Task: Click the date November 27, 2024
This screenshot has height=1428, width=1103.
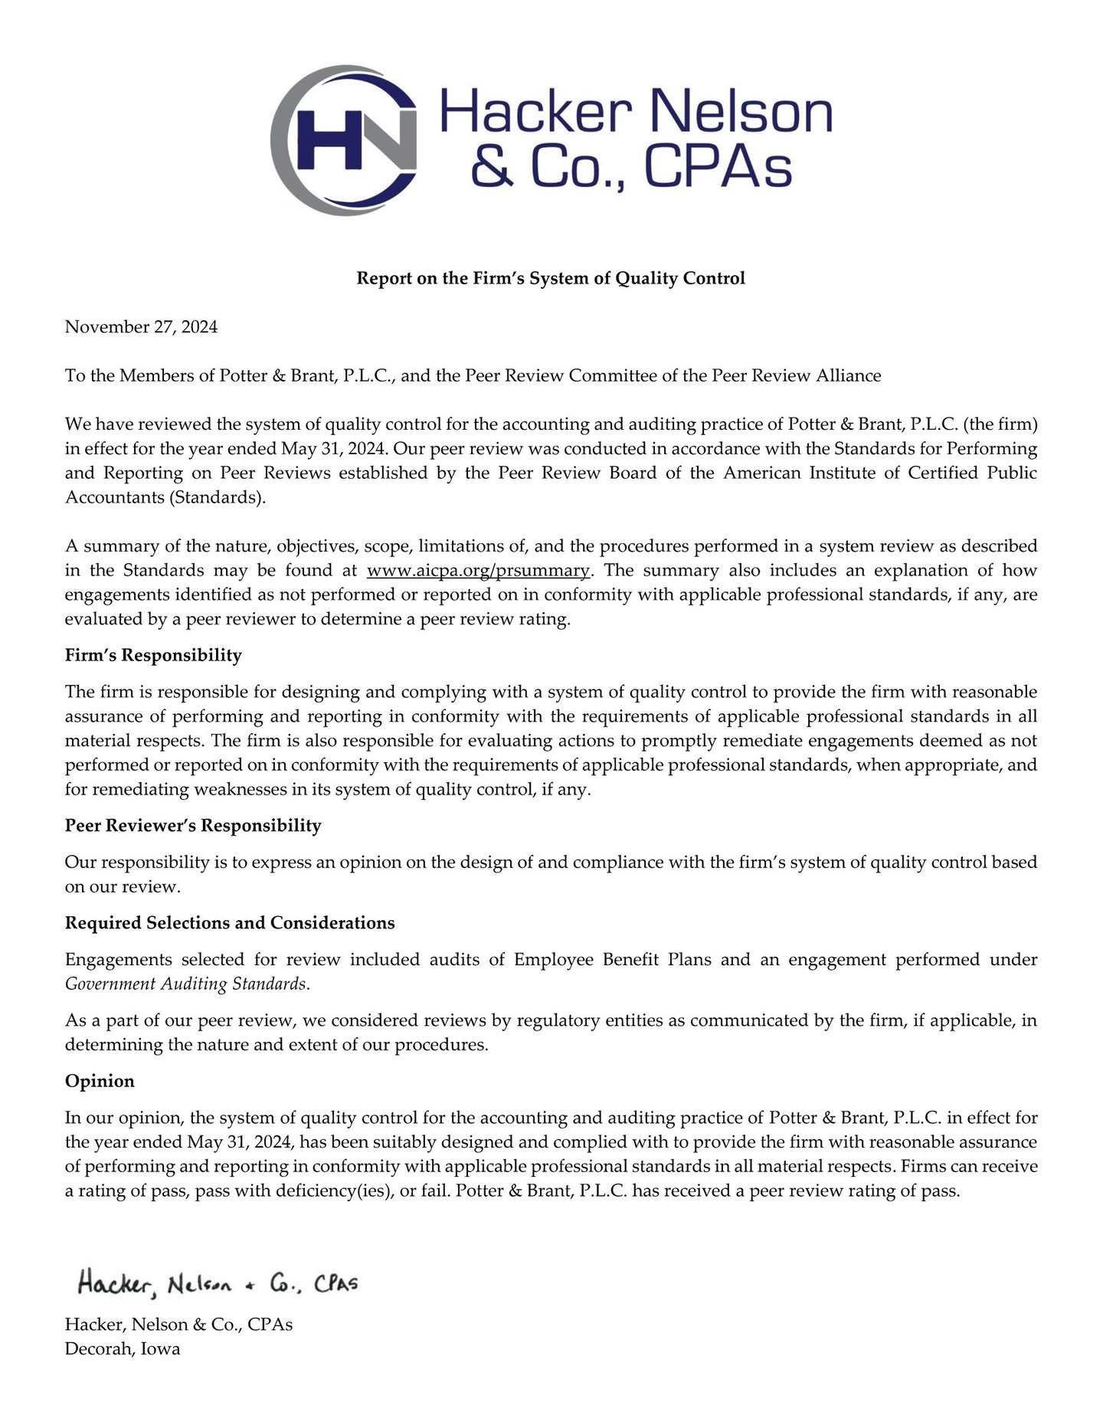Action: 141,327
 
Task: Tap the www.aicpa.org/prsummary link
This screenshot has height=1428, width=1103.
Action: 479,571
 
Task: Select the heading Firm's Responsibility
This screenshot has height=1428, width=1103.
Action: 153,656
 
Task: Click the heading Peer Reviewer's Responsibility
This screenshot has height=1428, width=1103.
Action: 193,826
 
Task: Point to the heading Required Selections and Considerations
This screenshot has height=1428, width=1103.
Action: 230,923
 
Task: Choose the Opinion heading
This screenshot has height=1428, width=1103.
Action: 100,1082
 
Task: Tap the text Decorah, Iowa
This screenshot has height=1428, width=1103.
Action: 123,1349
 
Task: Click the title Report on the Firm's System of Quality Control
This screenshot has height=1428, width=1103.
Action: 551,278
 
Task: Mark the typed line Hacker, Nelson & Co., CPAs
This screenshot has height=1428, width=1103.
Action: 178,1325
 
